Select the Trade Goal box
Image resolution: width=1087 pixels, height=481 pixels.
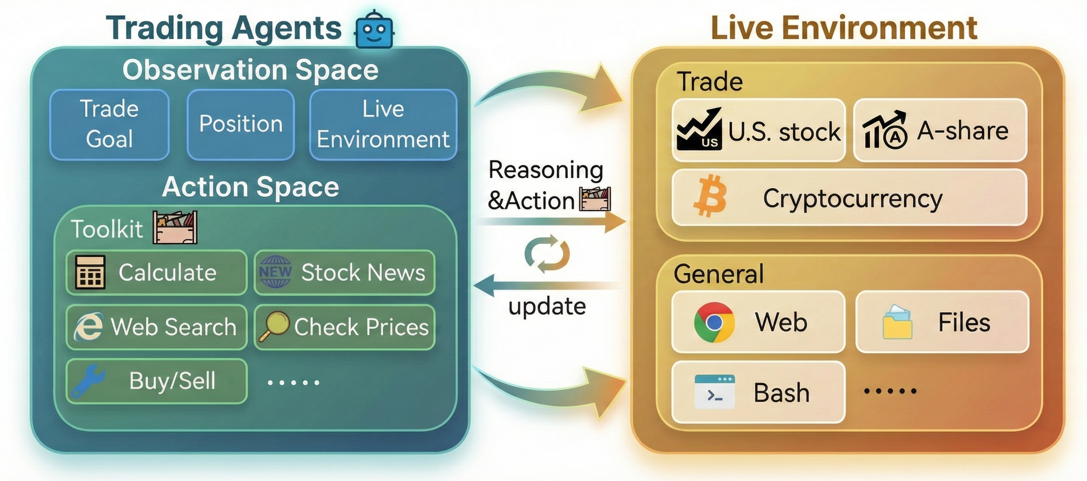pos(109,124)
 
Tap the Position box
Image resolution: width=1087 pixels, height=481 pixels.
pos(240,124)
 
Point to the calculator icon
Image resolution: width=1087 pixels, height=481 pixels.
pos(90,272)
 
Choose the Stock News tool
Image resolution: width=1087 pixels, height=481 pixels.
pos(344,272)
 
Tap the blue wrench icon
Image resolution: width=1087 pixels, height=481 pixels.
pos(88,381)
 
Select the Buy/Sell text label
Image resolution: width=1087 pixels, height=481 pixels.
pos(172,381)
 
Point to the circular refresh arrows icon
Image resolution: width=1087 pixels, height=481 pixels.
pos(547,254)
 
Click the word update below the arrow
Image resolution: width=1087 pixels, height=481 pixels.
pos(547,306)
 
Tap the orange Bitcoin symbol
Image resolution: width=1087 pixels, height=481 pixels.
pos(710,196)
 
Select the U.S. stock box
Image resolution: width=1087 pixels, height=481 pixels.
pos(758,130)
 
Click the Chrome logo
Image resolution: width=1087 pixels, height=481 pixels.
pos(714,322)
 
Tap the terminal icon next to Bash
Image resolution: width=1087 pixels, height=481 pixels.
pos(714,391)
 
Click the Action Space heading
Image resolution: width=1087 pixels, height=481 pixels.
pos(250,186)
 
